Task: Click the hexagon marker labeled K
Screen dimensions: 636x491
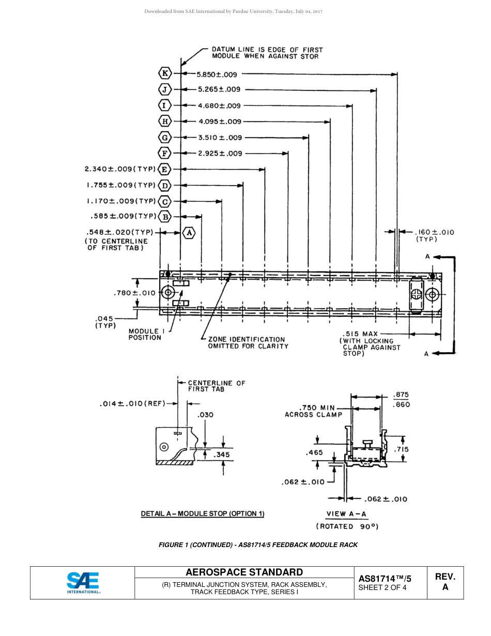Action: coord(164,73)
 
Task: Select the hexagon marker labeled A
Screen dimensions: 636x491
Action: coord(190,233)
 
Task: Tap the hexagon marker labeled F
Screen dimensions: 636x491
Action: coord(164,153)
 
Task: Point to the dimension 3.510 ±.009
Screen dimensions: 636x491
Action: coord(220,138)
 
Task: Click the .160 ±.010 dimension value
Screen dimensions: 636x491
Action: coord(434,232)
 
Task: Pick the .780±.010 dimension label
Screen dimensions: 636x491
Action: coord(134,293)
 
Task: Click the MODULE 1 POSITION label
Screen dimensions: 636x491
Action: coord(145,335)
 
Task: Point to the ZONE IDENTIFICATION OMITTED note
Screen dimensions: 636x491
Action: coord(248,343)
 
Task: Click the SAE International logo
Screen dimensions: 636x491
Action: coord(83,583)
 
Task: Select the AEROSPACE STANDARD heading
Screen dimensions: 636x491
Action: coord(244,572)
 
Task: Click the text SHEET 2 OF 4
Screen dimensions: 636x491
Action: coord(382,587)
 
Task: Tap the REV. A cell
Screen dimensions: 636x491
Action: coord(445,582)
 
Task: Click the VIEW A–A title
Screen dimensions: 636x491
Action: coord(346,514)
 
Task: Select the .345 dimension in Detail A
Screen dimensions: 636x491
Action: coord(223,455)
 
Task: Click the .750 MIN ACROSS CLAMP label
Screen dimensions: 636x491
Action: coord(314,411)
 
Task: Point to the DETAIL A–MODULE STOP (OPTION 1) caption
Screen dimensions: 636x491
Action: coord(203,514)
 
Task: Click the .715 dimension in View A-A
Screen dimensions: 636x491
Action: coord(402,449)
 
